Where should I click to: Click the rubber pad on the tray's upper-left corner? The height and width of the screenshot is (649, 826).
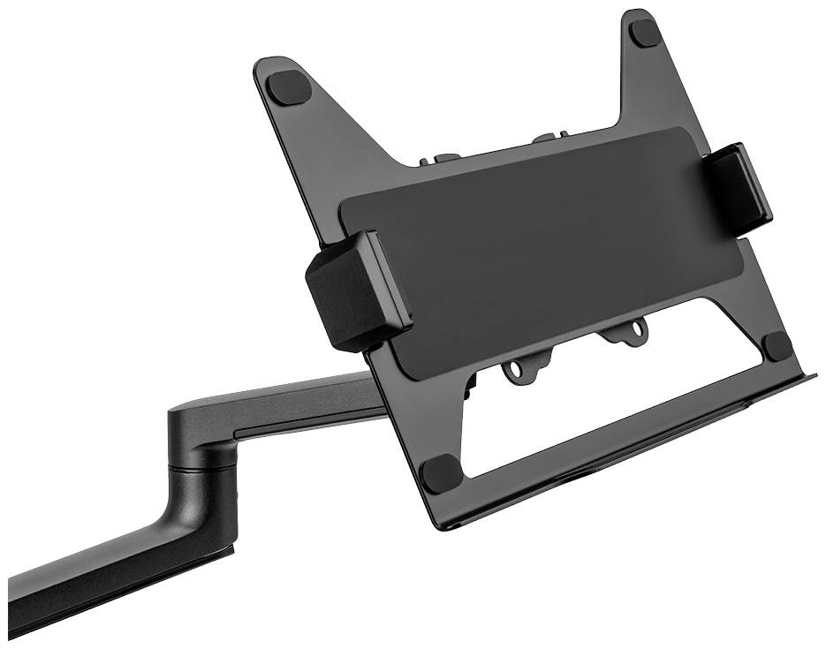[289, 87]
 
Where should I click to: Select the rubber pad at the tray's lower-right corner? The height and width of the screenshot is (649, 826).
[777, 345]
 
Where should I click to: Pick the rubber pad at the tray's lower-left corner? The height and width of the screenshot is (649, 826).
[440, 474]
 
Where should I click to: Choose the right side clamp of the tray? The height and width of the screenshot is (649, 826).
[741, 187]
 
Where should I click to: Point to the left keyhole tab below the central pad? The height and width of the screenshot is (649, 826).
[516, 371]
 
